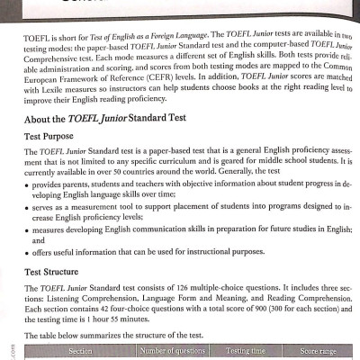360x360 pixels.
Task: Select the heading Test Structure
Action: tap(53, 270)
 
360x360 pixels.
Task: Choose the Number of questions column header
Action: tap(170, 349)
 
